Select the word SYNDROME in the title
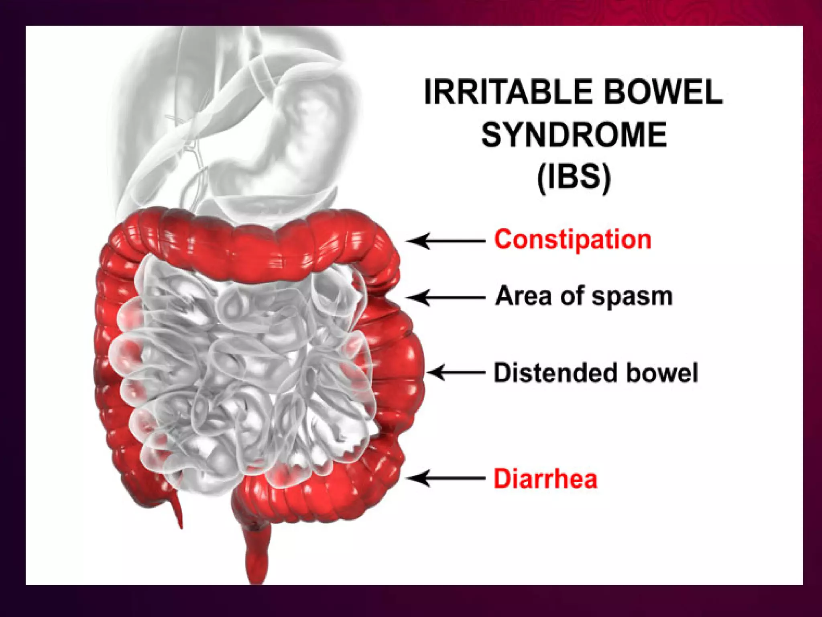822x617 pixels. [574, 135]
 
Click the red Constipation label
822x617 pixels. [572, 240]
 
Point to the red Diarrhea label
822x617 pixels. [545, 479]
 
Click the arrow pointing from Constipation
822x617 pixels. [446, 241]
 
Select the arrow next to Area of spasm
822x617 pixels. [446, 298]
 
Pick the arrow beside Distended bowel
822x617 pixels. [456, 373]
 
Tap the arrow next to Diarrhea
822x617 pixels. [446, 478]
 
